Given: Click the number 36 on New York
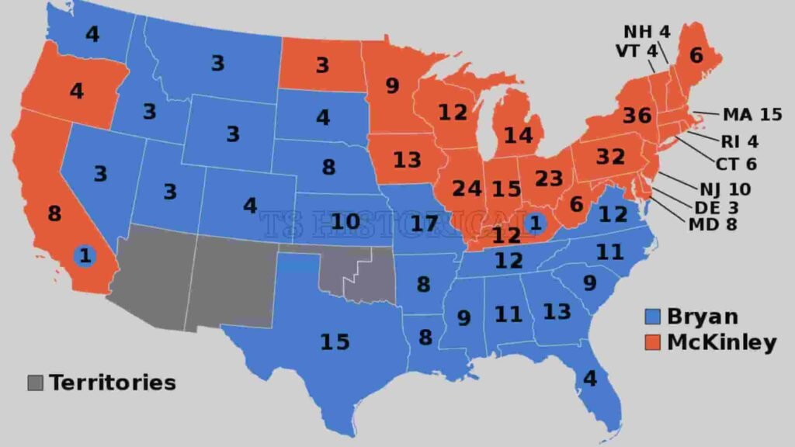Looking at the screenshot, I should (x=637, y=116).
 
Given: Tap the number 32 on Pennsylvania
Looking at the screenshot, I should (x=610, y=157).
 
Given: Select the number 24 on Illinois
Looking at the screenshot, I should (x=467, y=189).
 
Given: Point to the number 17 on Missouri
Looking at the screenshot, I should (x=425, y=224).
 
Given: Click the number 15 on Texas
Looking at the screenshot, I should (x=335, y=341).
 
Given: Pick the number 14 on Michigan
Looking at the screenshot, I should (x=518, y=136).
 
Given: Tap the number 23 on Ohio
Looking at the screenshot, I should (x=548, y=178).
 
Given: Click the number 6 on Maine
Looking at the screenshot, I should (x=696, y=55).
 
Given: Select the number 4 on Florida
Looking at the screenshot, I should (x=591, y=379).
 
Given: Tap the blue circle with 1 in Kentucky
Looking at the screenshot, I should (x=533, y=223).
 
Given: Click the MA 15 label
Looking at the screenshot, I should (x=752, y=115).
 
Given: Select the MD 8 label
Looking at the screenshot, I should (x=711, y=225).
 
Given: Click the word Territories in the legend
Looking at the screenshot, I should (x=113, y=383).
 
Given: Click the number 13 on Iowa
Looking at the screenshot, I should (x=407, y=161).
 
